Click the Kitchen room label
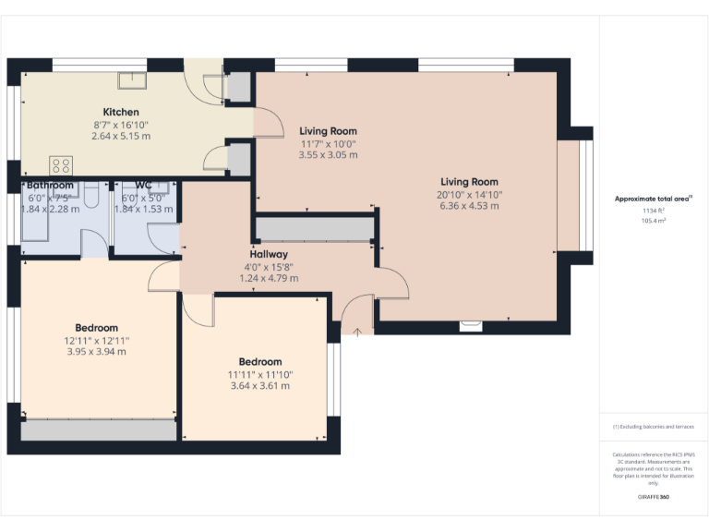(121, 112)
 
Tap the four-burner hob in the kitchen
(61, 165)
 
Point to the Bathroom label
(50, 185)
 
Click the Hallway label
(269, 254)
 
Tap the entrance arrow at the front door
(358, 329)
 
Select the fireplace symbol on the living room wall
(471, 325)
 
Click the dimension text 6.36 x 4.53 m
(469, 206)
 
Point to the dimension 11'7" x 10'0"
(328, 144)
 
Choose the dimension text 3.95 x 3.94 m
(96, 351)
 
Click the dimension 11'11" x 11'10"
(259, 374)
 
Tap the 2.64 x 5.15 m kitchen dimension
(121, 136)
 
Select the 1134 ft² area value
(654, 211)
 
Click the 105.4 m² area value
(654, 221)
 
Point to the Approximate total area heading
(653, 199)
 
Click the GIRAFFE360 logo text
(653, 497)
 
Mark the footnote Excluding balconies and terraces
(653, 427)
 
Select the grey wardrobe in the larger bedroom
(98, 429)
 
